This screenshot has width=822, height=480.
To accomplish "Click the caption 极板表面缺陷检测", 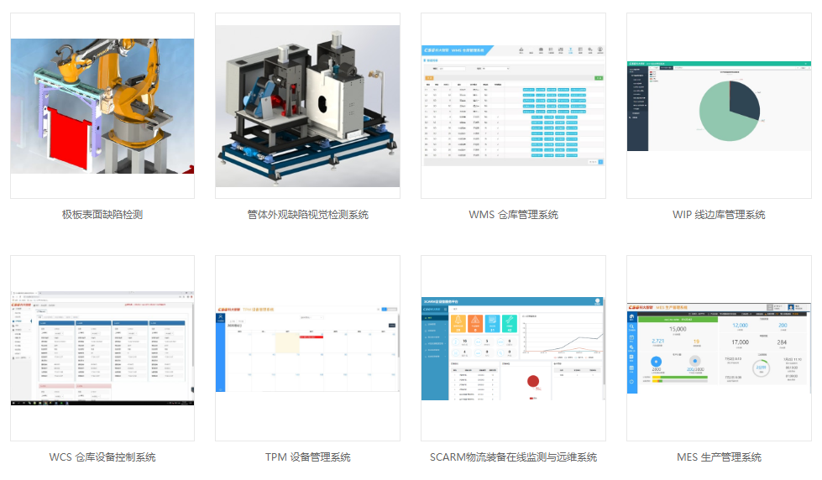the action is tap(102, 215).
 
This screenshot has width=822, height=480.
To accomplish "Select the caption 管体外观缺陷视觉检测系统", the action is tap(307, 215).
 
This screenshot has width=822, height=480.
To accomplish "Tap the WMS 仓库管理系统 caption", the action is tap(513, 215).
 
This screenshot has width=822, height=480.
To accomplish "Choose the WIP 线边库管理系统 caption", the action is tap(719, 215).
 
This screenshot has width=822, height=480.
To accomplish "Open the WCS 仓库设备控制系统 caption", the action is tap(102, 457).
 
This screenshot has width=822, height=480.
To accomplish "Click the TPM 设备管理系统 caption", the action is tap(307, 457).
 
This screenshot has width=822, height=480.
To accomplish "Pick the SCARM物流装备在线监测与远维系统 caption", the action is tap(513, 457).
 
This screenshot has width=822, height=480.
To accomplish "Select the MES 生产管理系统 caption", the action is tap(719, 457).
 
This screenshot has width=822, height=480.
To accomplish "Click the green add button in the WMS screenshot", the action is tap(599, 77).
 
